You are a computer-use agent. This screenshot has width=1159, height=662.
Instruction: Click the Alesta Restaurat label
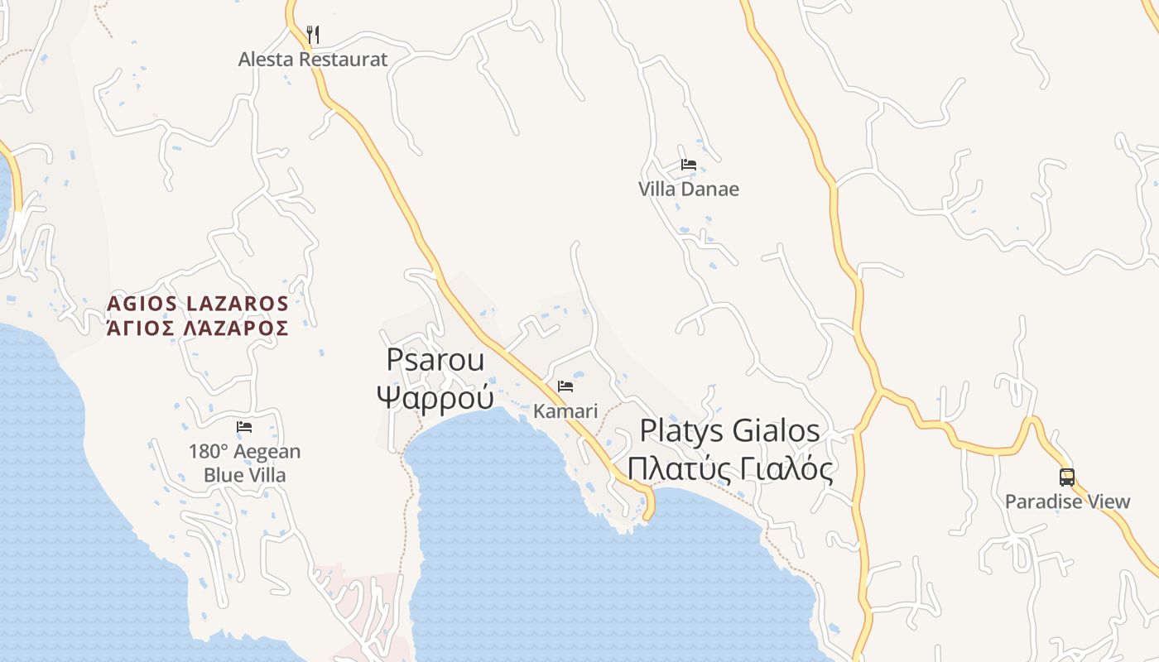313,60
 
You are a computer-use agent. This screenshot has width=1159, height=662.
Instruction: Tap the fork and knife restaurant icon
313,34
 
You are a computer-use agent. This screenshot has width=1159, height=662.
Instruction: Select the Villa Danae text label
688,189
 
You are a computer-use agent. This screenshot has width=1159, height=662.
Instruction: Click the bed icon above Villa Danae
688,164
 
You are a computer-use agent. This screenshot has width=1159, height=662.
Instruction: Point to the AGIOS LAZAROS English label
198,304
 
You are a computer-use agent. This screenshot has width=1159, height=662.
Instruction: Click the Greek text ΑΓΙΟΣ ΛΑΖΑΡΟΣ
198,329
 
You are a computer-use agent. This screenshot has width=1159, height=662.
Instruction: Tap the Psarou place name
435,360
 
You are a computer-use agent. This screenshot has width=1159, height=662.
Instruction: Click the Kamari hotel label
565,410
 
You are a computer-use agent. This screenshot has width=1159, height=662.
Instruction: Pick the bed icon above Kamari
565,386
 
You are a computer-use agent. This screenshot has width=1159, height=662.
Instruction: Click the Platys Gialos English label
729,430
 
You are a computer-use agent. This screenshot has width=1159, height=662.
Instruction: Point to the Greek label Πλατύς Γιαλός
729,468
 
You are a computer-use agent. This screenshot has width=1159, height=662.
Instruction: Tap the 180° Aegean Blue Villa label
244,463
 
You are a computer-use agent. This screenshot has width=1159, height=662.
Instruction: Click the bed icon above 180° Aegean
244,427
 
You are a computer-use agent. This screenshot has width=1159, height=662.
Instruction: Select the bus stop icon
1067,477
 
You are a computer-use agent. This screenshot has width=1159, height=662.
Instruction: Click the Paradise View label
1067,501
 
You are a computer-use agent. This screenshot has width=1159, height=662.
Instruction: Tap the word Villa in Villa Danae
656,189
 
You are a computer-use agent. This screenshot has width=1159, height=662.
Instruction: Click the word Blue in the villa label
224,475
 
